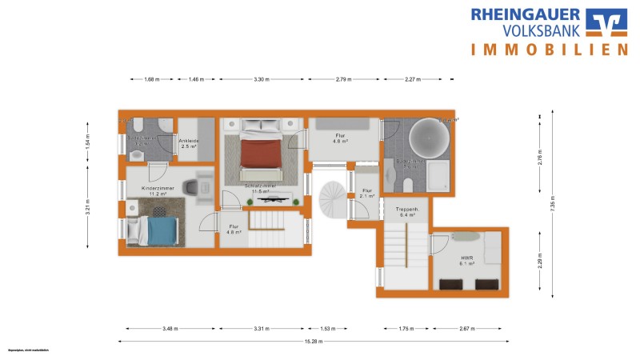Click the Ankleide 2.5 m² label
(x=190, y=144)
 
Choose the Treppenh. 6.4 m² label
(x=408, y=212)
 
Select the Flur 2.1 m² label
(x=367, y=193)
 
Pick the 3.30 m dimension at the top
(x=262, y=79)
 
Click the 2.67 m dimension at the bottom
(x=468, y=329)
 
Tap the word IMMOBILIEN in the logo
(x=548, y=50)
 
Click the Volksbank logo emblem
(x=607, y=23)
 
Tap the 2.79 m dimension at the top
(x=344, y=79)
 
